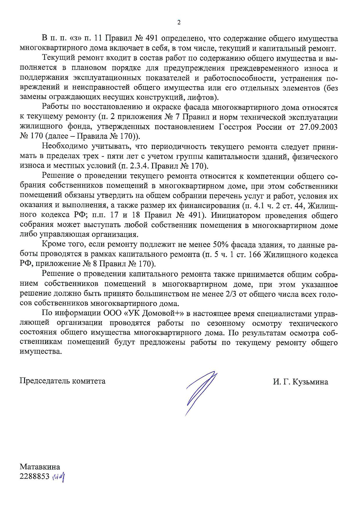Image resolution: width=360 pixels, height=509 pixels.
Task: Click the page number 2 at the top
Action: tap(179, 22)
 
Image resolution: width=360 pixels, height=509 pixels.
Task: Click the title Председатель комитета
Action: tap(62, 381)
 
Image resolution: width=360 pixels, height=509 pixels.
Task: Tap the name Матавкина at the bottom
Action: tap(40, 467)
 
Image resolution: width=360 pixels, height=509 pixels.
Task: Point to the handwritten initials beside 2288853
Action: tap(58, 476)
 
